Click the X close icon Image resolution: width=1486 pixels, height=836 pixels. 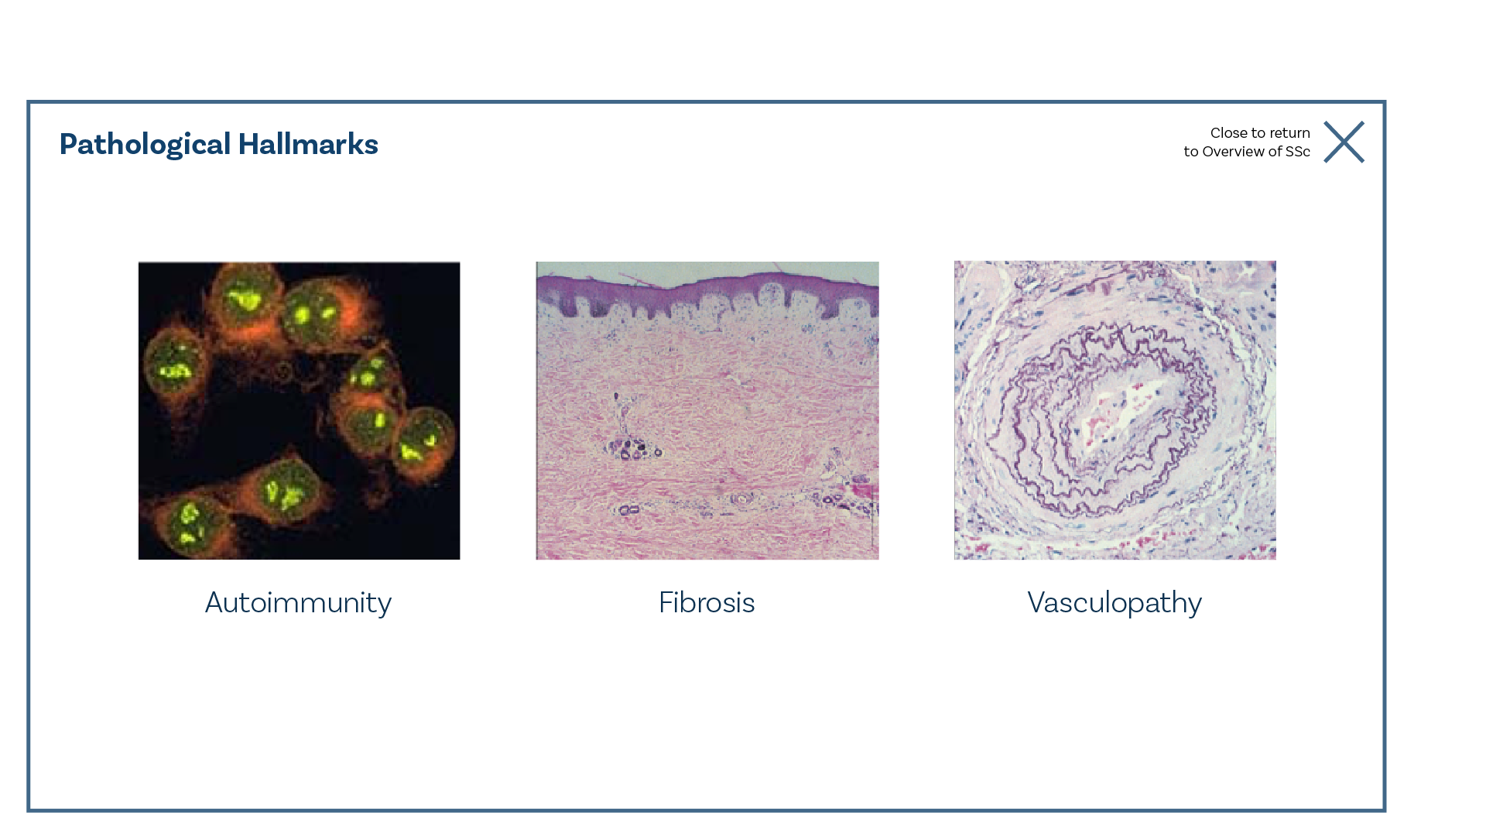(x=1344, y=142)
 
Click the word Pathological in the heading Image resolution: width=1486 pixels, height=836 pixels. (x=145, y=145)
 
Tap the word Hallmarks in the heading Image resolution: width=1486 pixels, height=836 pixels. (x=308, y=144)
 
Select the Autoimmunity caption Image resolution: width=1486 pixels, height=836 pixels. (x=298, y=603)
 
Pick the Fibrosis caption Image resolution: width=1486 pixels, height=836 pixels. (x=707, y=602)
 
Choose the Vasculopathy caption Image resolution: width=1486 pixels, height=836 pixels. (x=1114, y=603)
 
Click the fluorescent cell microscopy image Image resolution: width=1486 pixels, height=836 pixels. (x=299, y=410)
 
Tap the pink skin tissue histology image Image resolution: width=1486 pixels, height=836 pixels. (x=707, y=410)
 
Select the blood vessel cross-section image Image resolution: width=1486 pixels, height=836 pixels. (x=1115, y=410)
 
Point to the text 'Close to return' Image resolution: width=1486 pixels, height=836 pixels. (x=1260, y=133)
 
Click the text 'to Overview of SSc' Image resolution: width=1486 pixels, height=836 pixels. (x=1247, y=152)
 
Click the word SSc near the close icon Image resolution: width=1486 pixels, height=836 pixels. (x=1297, y=152)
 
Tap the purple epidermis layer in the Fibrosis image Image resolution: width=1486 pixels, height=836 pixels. (x=707, y=290)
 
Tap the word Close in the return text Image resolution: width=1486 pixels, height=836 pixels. (x=1229, y=133)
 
